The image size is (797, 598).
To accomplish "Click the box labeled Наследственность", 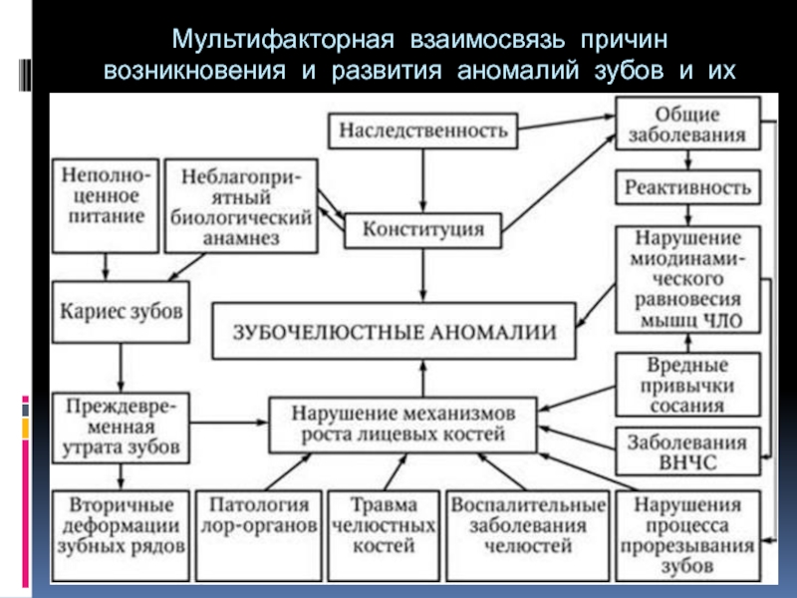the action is click(x=422, y=131).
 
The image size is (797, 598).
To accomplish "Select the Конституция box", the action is click(x=422, y=230).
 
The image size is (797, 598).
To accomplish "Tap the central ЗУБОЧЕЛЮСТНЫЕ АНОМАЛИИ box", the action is click(x=394, y=331).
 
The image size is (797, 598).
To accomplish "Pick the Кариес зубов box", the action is click(x=121, y=312).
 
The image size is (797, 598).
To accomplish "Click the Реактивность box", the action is click(x=687, y=187).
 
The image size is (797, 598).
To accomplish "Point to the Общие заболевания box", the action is click(x=687, y=124).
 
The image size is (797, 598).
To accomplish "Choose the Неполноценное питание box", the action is click(x=106, y=205).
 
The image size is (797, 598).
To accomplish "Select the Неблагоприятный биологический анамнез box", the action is click(x=241, y=205).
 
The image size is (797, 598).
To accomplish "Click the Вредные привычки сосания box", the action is click(x=687, y=385).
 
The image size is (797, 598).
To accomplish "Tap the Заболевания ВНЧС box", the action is click(x=687, y=451).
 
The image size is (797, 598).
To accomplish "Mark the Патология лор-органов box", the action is click(x=259, y=535).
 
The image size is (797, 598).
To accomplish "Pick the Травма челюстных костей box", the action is click(x=384, y=535).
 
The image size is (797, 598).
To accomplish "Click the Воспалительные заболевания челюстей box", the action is click(x=528, y=535).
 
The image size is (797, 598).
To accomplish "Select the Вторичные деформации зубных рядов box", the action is click(x=121, y=535).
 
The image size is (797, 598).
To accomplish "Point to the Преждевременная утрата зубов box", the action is click(x=121, y=428).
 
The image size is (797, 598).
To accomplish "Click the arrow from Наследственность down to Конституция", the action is click(x=422, y=180).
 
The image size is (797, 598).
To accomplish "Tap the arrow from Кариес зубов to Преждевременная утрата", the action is click(x=121, y=368).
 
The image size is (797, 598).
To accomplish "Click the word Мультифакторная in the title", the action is click(x=283, y=39).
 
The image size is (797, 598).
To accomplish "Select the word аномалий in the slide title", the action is click(x=517, y=70).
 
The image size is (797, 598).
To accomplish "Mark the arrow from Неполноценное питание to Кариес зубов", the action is click(x=106, y=267).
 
